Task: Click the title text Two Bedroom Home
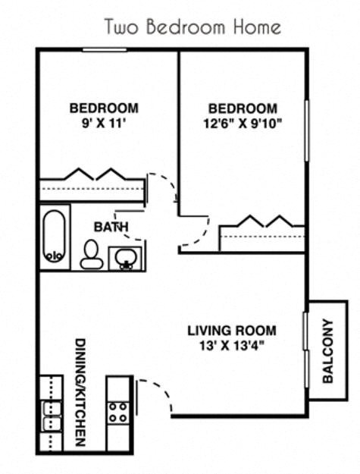[193, 28]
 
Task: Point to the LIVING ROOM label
[232, 331]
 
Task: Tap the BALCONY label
[327, 350]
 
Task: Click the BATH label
[111, 226]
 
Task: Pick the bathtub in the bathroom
[54, 236]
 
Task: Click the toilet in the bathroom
[92, 254]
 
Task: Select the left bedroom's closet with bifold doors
[92, 185]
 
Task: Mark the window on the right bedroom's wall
[306, 130]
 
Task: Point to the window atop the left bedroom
[105, 50]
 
